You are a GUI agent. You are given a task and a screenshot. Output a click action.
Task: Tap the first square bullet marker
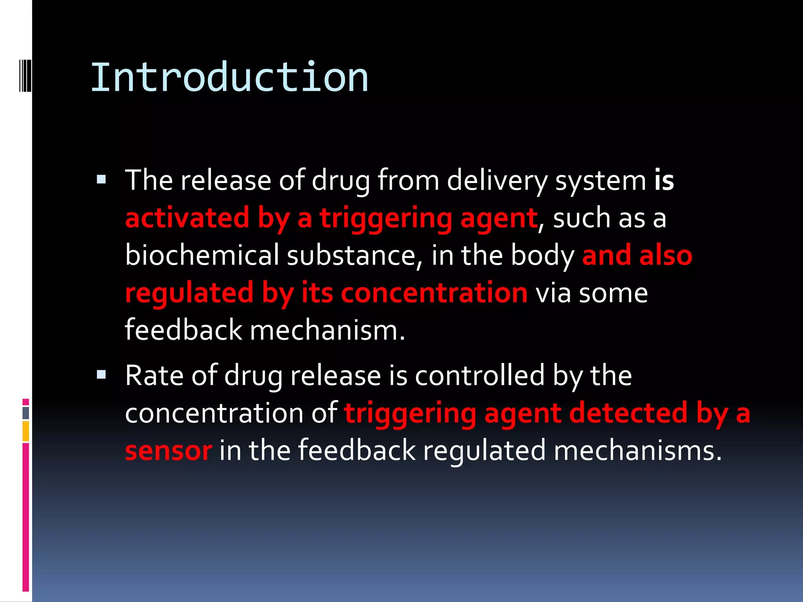coord(102,180)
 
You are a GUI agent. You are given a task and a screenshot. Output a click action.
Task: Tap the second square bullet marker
coord(102,375)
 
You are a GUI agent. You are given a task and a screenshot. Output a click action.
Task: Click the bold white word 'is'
coord(664,181)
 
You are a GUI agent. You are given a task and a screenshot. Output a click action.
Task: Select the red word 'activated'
coord(187,218)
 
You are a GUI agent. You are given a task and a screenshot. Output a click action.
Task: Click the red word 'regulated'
coord(189,293)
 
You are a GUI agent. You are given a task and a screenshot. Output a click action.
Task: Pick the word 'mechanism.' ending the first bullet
coord(327,330)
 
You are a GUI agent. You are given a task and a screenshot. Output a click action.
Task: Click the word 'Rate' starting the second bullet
coord(154,376)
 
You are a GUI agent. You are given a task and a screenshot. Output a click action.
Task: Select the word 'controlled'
coord(480,376)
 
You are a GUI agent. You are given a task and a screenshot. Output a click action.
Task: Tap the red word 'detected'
coord(628,413)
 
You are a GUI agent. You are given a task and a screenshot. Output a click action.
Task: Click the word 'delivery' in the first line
coord(497,181)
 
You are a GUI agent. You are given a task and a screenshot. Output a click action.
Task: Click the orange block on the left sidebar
coord(25,431)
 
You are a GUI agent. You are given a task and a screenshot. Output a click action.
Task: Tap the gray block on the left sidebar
coord(25,413)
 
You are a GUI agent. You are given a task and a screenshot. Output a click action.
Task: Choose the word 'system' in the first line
coord(600,181)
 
